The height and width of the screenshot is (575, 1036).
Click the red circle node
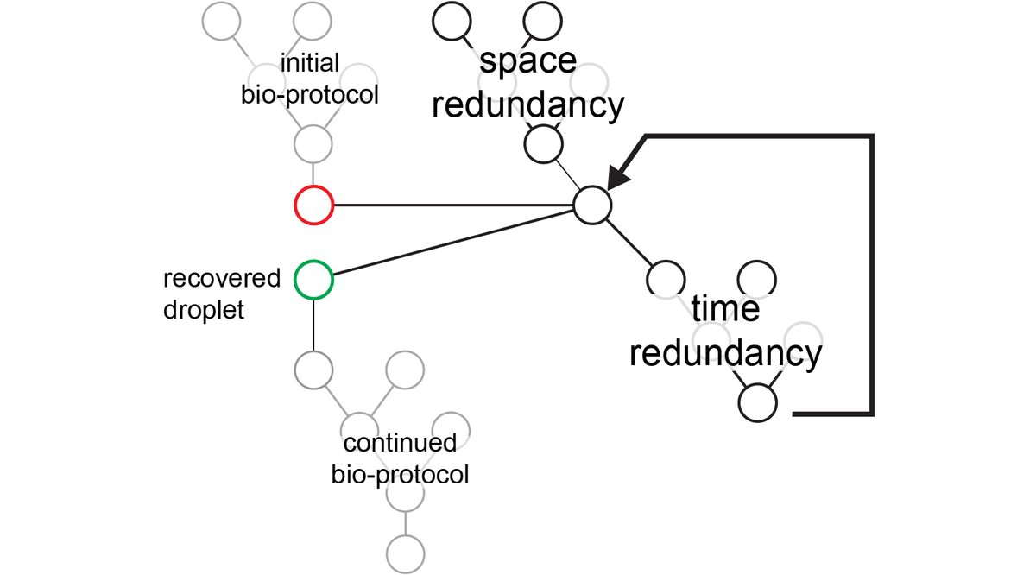pos(313,205)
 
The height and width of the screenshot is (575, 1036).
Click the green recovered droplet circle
pos(313,280)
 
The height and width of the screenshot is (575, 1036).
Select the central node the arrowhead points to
pos(593,205)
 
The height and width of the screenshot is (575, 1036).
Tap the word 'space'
pos(527,61)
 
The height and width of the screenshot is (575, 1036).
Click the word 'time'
pos(725,308)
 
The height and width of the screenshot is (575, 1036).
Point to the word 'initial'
pos(310,63)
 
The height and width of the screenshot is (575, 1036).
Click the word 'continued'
pos(400,444)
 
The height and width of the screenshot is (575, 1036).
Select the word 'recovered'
pos(222,279)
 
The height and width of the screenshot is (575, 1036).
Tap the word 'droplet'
pos(204,309)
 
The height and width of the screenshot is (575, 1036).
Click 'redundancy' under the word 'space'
pos(527,106)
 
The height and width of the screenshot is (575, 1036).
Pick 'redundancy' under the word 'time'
pos(725,353)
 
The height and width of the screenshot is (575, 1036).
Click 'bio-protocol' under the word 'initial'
pos(310,94)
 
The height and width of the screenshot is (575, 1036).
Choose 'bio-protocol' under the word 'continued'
pos(400,475)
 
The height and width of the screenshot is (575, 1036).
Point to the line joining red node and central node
pos(453,205)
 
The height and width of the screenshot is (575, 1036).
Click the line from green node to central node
pos(453,243)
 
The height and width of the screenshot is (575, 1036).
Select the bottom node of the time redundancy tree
pos(757,402)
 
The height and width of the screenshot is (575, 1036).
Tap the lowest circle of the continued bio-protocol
pos(404,550)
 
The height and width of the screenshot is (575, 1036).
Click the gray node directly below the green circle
pos(313,370)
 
